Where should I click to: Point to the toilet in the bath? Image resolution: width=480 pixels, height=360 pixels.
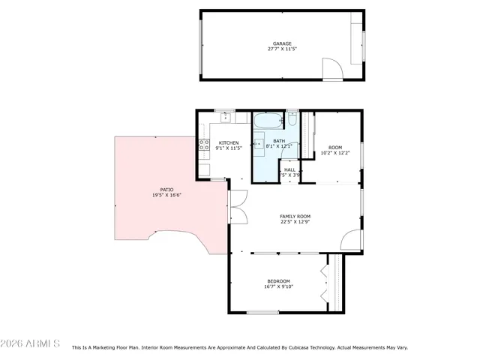pyautogui.click(x=292, y=120)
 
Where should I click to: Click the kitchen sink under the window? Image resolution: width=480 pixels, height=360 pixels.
pyautogui.click(x=224, y=118)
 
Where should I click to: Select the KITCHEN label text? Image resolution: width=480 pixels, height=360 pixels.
pyautogui.click(x=229, y=142)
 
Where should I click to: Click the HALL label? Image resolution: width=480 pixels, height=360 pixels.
pyautogui.click(x=289, y=170)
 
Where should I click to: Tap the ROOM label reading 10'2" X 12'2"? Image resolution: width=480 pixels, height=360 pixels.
pyautogui.click(x=335, y=150)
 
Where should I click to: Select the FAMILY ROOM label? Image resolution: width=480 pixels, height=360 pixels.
pyautogui.click(x=295, y=216)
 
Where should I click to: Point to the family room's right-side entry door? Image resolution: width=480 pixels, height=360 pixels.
pyautogui.click(x=350, y=239)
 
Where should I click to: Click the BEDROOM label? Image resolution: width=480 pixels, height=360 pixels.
pyautogui.click(x=278, y=280)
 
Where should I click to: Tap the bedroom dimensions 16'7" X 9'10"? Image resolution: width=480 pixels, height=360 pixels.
pyautogui.click(x=278, y=286)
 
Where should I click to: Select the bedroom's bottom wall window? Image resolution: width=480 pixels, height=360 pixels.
pyautogui.click(x=263, y=313)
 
